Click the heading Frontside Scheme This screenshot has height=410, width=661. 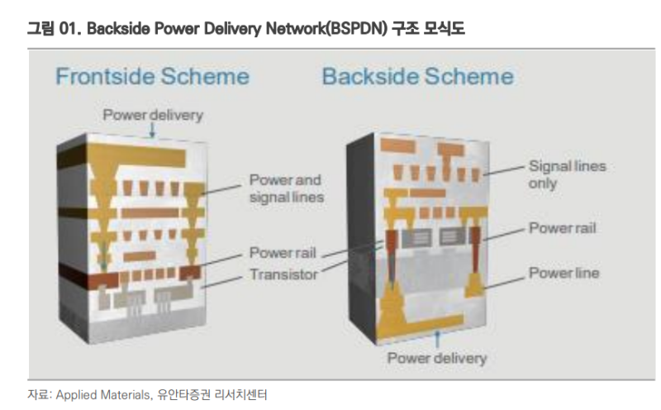coord(151,77)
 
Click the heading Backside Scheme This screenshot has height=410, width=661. coord(417,77)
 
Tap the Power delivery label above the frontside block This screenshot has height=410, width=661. coord(152,115)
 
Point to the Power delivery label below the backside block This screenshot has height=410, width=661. coord(437,358)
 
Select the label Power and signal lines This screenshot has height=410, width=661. coord(286,188)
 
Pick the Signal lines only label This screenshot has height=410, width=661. coord(567,174)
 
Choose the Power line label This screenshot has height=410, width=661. coord(564,273)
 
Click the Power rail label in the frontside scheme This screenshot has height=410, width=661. coord(283,253)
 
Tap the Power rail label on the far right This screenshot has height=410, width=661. coord(563,227)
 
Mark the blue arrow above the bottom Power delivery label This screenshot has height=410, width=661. coord(437,341)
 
